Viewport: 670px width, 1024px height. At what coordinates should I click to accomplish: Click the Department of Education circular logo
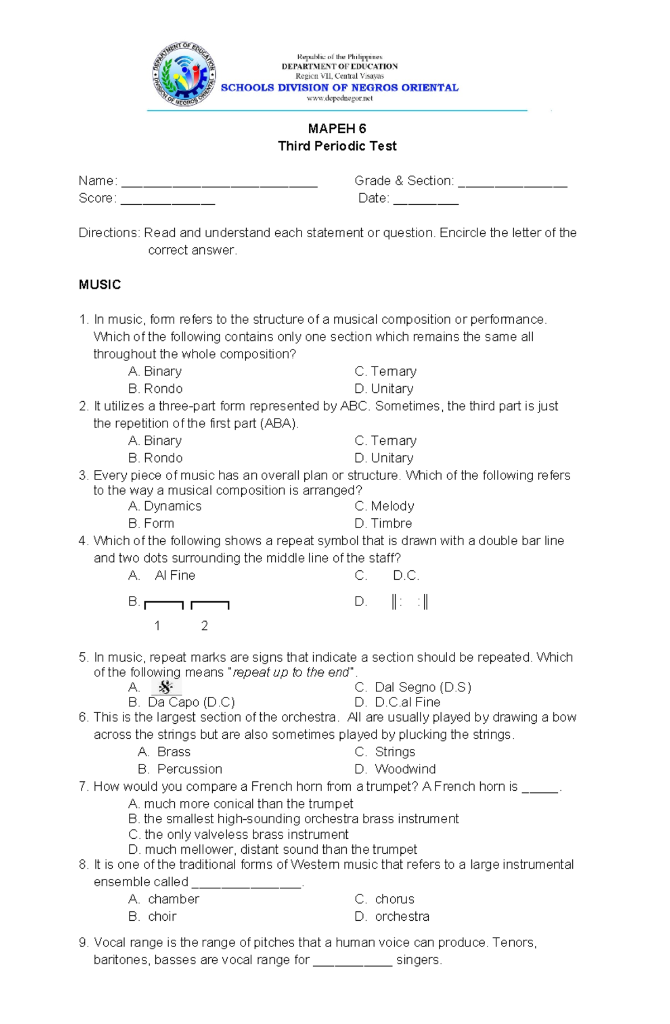[x=184, y=74]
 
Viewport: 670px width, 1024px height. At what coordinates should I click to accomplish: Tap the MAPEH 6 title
[x=337, y=129]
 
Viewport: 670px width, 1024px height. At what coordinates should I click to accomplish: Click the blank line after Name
[x=219, y=183]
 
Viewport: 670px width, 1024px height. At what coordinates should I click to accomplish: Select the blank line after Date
[x=425, y=200]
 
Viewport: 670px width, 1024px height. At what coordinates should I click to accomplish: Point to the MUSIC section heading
[x=100, y=285]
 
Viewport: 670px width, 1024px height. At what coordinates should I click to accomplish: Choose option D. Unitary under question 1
[x=384, y=388]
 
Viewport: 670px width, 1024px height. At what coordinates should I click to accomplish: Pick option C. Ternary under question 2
[x=386, y=440]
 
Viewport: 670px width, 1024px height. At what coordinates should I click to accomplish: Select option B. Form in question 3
[x=151, y=523]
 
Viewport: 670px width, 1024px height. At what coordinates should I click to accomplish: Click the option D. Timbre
[x=384, y=523]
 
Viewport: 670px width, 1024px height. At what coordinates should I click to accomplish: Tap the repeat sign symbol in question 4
[x=410, y=602]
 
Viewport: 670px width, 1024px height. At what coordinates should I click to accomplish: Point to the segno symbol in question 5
[x=166, y=687]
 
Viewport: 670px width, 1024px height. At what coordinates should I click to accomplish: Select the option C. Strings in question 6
[x=385, y=752]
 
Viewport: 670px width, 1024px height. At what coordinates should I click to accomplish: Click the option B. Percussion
[x=180, y=769]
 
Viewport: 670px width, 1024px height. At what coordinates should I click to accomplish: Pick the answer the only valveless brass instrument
[x=238, y=834]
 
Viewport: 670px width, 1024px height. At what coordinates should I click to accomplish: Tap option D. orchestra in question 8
[x=393, y=916]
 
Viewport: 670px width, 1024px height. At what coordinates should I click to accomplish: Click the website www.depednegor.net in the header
[x=339, y=98]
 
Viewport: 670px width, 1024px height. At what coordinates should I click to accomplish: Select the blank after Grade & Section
[x=512, y=183]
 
